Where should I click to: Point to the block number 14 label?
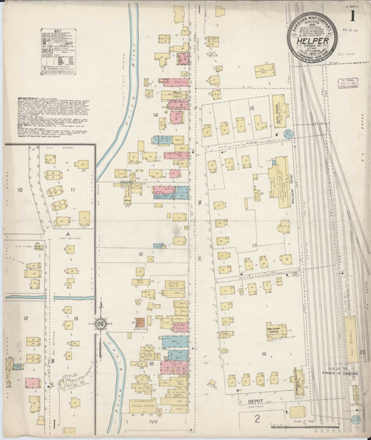[156, 114]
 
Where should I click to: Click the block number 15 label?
[252, 109]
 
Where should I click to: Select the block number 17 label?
[253, 245]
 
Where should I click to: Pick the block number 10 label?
[21, 190]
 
